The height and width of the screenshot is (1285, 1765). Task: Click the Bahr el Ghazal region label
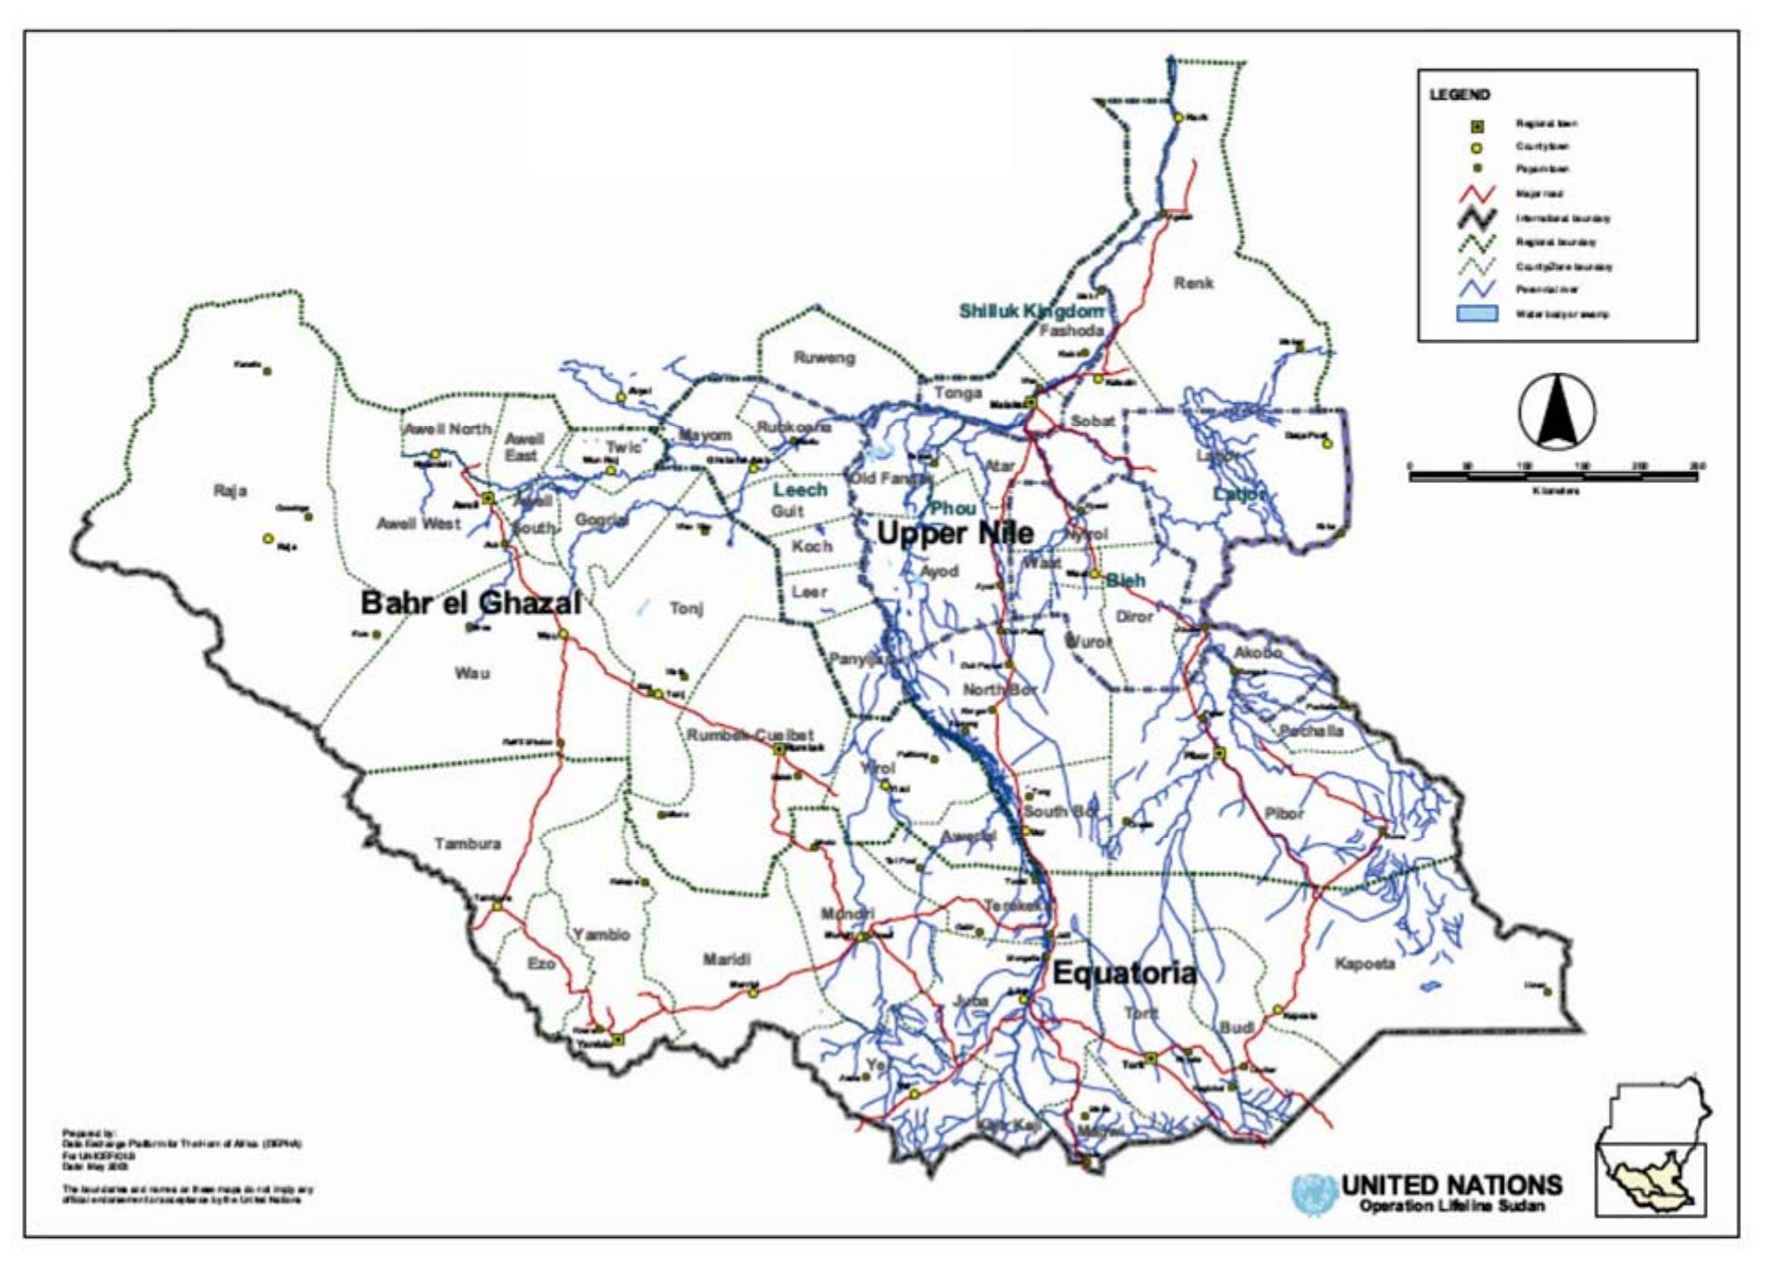tap(470, 604)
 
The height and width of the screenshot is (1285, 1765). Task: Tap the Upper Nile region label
tap(954, 533)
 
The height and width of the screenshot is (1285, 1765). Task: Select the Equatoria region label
tap(1124, 973)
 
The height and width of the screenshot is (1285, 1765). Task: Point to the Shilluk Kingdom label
tap(1031, 312)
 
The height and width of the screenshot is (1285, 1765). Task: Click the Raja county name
tap(230, 490)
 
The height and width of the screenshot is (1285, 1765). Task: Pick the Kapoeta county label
tap(1365, 964)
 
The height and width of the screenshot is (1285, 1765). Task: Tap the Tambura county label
tap(468, 843)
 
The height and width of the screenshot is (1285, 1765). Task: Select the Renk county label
tap(1193, 284)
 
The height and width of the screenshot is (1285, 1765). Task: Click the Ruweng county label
tap(824, 358)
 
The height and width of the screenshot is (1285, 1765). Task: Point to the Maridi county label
tap(727, 960)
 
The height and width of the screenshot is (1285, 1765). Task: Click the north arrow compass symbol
tap(1557, 412)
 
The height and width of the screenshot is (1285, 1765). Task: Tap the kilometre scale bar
tap(1553, 475)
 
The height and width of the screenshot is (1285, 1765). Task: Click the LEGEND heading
tap(1459, 95)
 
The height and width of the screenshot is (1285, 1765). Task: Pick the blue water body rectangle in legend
tap(1475, 314)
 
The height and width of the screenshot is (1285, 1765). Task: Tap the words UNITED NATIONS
tap(1451, 1185)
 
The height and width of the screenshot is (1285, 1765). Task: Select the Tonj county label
tap(686, 608)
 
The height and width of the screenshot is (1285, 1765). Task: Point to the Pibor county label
tap(1284, 814)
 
